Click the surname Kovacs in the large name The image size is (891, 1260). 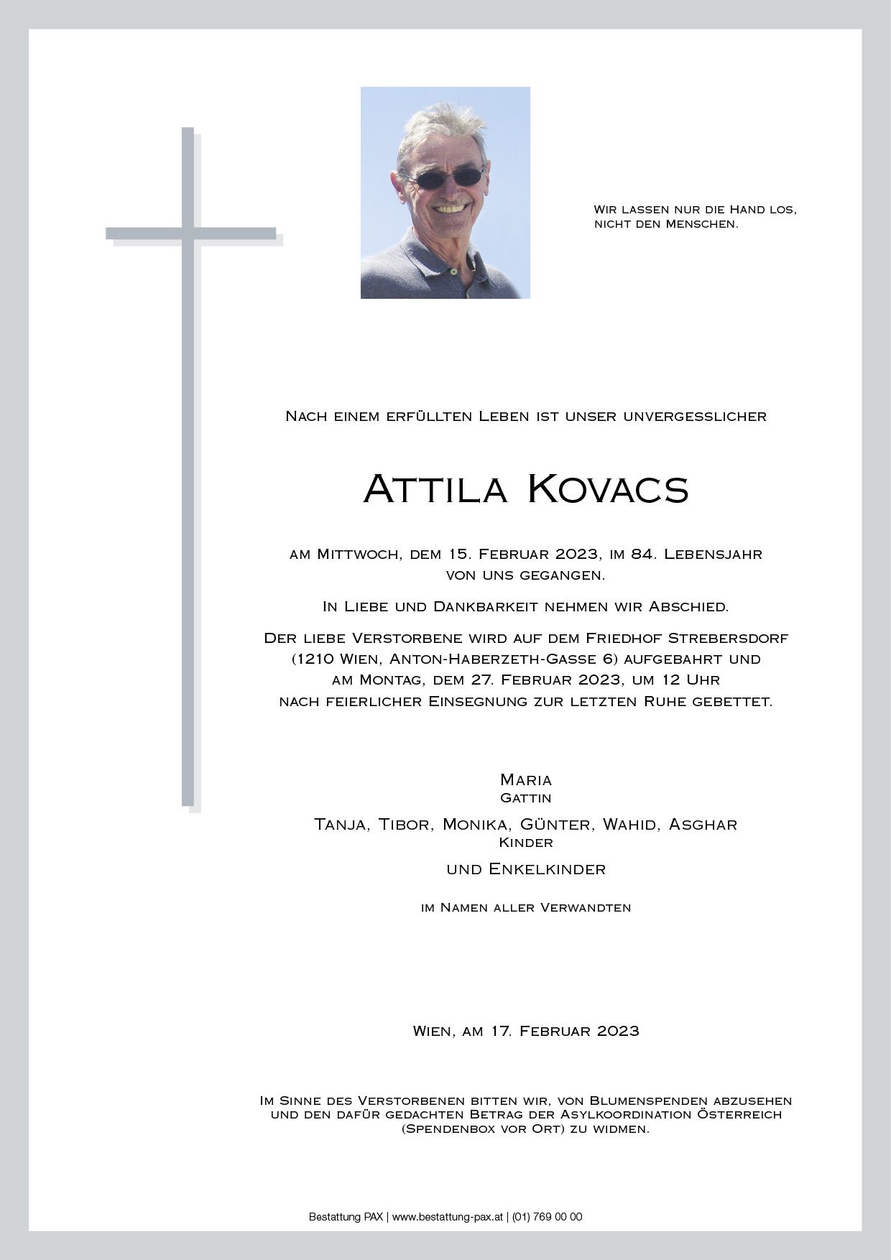tap(608, 489)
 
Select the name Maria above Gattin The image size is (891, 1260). tap(526, 780)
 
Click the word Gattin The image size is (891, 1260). tap(526, 798)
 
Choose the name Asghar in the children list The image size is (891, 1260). tap(703, 825)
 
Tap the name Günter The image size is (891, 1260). tap(557, 825)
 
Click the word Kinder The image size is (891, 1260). tap(526, 843)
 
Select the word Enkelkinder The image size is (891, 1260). tap(547, 869)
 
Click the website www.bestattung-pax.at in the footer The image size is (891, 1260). tap(447, 1217)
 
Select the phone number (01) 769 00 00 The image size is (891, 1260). tap(548, 1217)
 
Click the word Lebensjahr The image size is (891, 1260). tap(714, 554)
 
